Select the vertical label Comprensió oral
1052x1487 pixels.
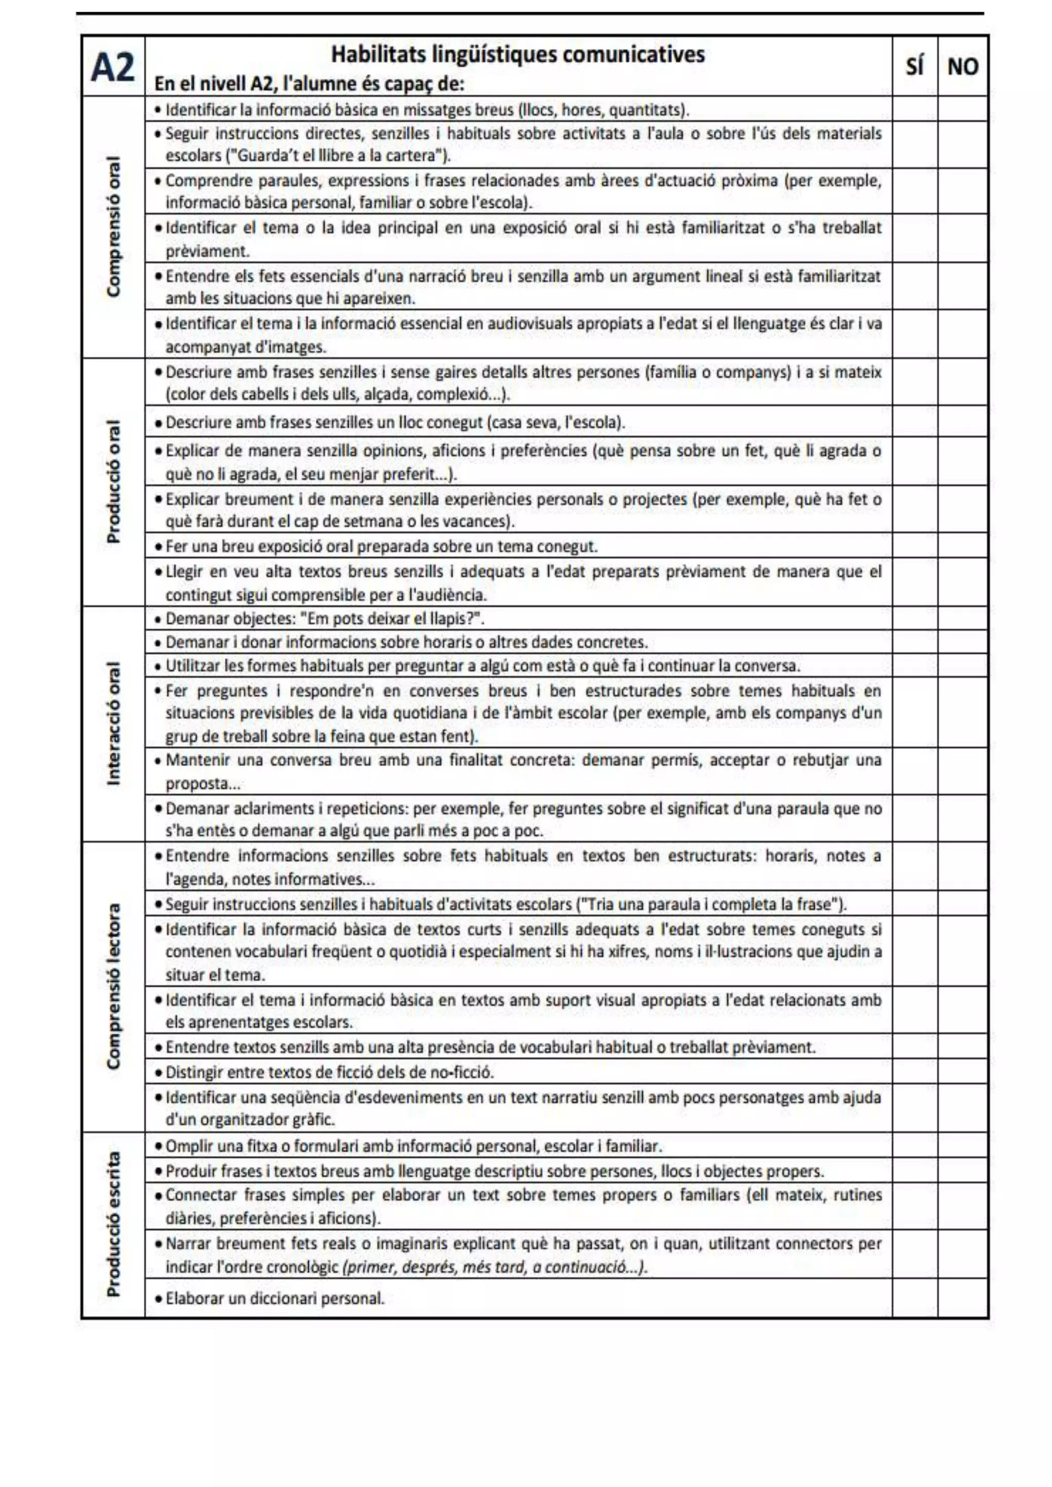click(x=114, y=226)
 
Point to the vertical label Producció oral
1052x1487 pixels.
click(x=114, y=482)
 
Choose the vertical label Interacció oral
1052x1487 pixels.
click(x=114, y=723)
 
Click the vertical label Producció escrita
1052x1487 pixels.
click(x=114, y=1224)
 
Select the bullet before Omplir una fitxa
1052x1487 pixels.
click(x=158, y=1147)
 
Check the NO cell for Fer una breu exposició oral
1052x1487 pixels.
click(x=963, y=546)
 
